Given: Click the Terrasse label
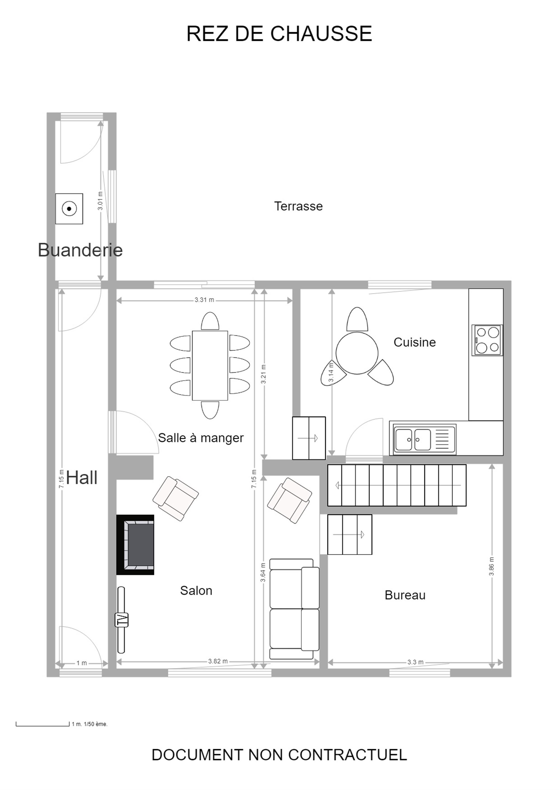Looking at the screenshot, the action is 299,206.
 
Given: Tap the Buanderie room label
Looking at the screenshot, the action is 80,250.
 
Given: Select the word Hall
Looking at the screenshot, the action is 82,478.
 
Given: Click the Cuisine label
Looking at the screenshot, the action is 414,342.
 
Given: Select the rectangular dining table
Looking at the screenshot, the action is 210,366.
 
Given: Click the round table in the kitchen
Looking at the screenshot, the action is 357,353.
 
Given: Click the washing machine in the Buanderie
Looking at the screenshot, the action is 69,208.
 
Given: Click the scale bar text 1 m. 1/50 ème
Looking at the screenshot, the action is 89,724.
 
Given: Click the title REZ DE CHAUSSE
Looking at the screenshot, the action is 279,34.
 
